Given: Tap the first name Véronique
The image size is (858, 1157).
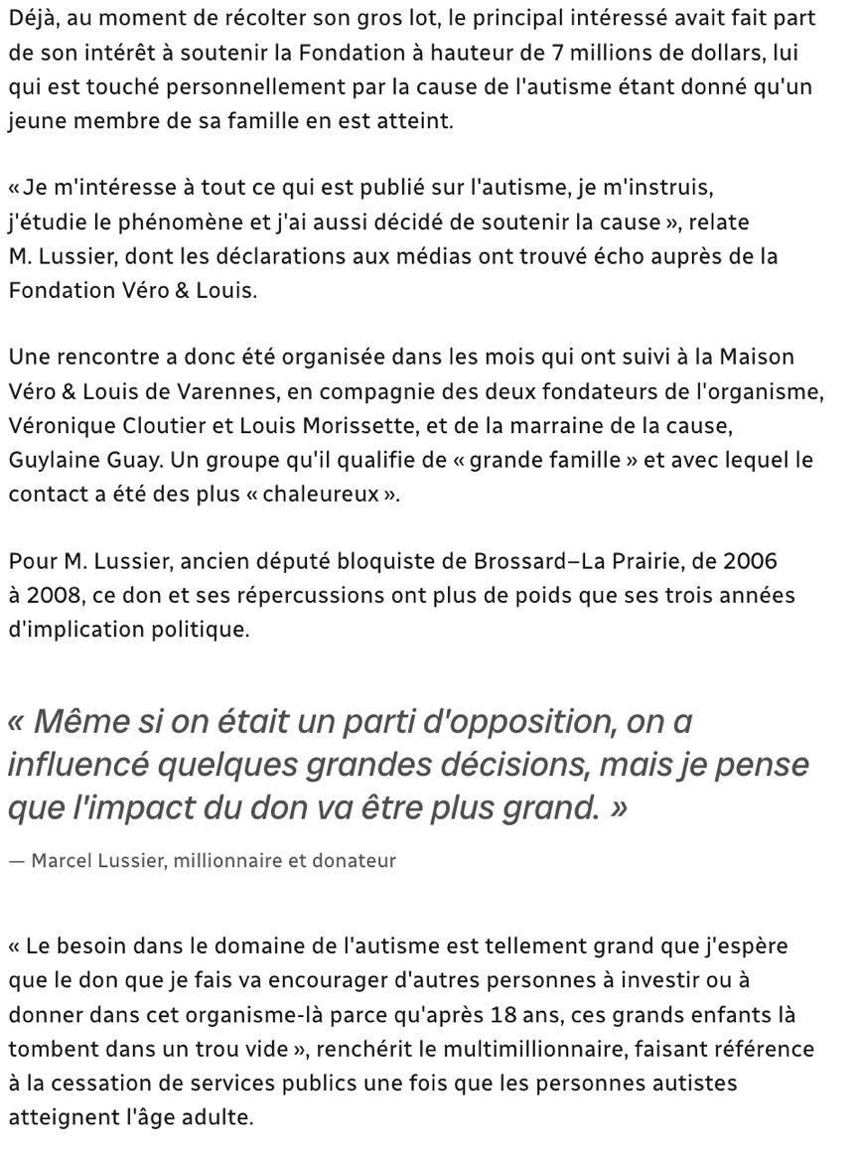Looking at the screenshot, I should pyautogui.click(x=60, y=426).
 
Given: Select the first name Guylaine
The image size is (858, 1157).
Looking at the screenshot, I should pyautogui.click(x=50, y=461).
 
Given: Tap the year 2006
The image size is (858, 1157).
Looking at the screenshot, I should pyautogui.click(x=751, y=561).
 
